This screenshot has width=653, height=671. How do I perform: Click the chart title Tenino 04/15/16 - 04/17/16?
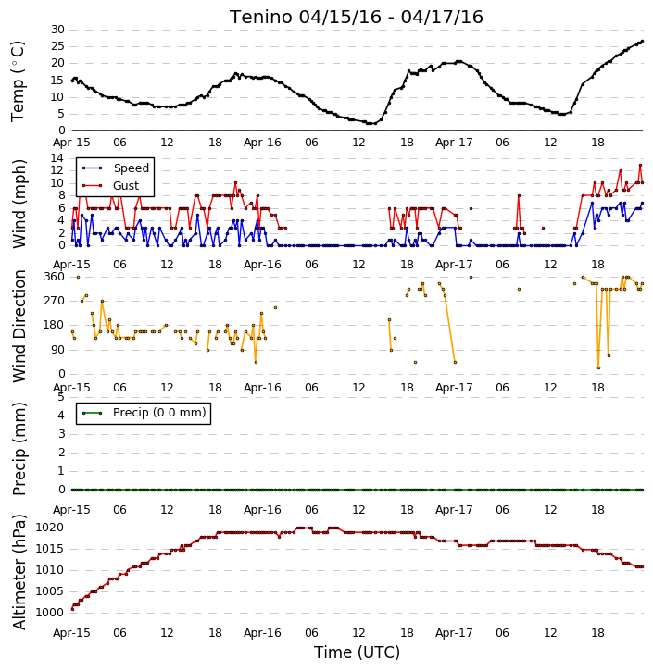tap(357, 17)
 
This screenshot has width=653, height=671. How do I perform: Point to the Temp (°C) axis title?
tap(18, 81)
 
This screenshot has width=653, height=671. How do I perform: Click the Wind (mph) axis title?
tap(19, 205)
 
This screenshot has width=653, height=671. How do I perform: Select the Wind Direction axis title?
tap(19, 326)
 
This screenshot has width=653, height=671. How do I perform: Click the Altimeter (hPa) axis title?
tap(19, 572)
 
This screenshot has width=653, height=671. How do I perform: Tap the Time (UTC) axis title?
tap(357, 652)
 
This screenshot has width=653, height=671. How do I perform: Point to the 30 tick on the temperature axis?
tap(57, 30)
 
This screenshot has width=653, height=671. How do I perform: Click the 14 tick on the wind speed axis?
tap(57, 158)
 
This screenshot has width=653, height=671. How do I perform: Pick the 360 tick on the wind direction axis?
tap(55, 277)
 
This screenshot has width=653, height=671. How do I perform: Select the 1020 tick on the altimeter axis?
tap(50, 528)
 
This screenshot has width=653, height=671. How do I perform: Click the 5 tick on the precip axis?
tap(61, 397)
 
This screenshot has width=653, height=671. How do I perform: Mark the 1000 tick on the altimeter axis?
tap(50, 613)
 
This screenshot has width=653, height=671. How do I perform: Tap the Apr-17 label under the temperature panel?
tap(454, 143)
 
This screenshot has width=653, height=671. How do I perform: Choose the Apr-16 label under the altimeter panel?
tap(262, 633)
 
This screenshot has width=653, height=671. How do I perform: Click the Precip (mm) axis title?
tap(19, 449)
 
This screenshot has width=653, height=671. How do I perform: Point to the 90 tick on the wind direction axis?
tap(57, 350)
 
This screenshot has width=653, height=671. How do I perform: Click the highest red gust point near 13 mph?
tap(640, 165)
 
